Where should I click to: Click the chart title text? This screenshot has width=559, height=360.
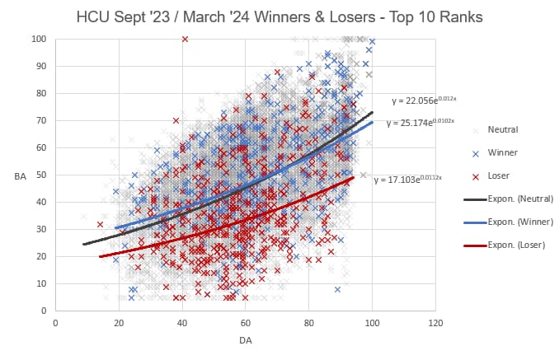pos(279,16)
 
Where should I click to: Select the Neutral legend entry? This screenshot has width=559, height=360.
pos(501,129)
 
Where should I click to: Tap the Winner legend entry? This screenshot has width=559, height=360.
pos(503,152)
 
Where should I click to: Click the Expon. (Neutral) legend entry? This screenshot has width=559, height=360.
pos(519,199)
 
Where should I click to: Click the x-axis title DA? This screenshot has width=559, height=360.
pos(245,340)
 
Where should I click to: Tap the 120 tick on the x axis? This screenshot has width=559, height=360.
pos(435,322)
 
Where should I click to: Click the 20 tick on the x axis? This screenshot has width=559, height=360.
pos(119,322)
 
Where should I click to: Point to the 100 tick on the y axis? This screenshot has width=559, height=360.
pos(39,39)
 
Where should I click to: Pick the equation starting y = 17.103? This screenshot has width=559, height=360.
pos(408,179)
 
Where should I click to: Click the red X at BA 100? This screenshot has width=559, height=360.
pos(185,39)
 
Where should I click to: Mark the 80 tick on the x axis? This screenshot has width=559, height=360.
pos(308,322)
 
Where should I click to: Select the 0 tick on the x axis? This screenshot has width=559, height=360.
pos(55,322)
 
